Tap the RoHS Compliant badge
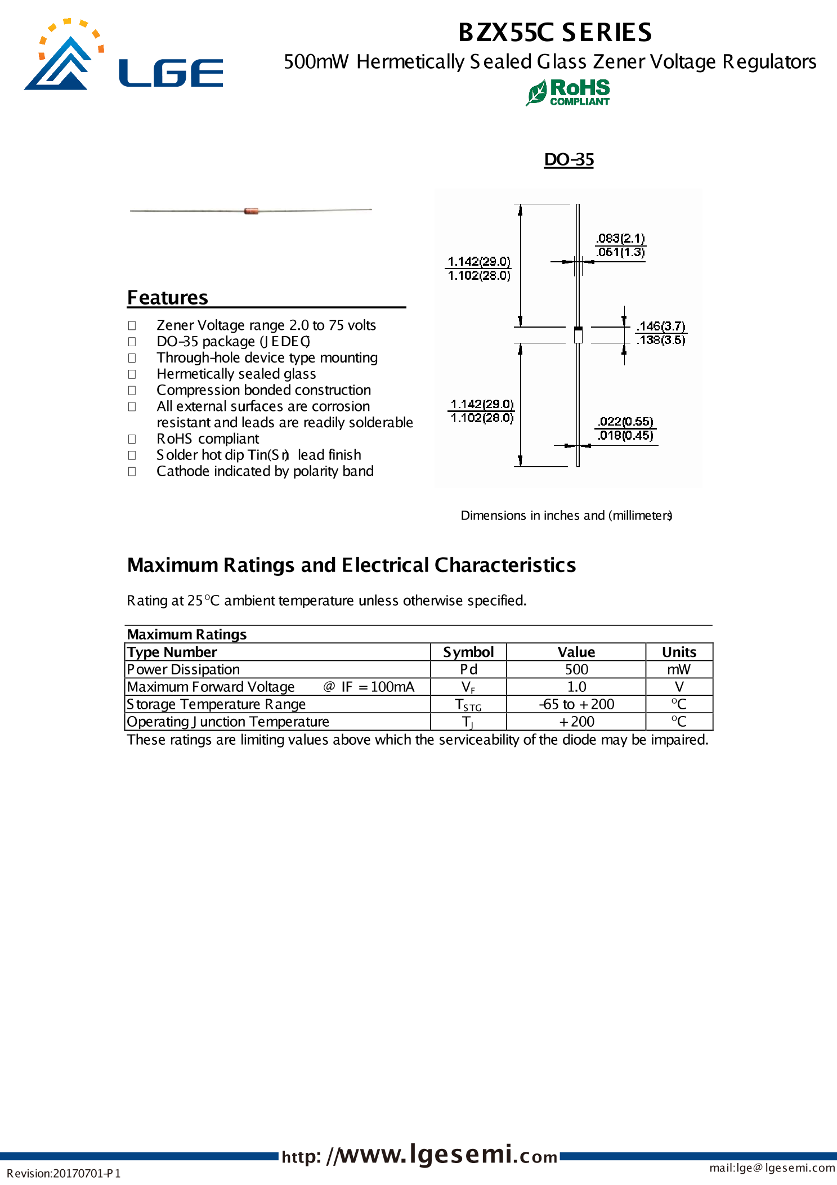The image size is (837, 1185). click(x=569, y=92)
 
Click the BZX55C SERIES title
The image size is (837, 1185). click(x=555, y=32)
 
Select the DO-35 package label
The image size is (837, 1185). click(x=569, y=160)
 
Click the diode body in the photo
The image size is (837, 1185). click(x=251, y=211)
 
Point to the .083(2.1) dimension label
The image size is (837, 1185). click(x=621, y=239)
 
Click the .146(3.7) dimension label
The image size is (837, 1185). click(x=661, y=327)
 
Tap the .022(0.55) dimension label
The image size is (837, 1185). click(x=625, y=422)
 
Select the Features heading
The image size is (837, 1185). click(x=168, y=297)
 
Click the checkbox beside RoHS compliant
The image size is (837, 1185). click(x=132, y=439)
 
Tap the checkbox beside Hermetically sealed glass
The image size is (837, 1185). click(x=132, y=374)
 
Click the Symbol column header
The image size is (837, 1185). click(x=468, y=652)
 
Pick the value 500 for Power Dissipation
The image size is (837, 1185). click(x=576, y=669)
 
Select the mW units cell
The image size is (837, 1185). click(x=679, y=669)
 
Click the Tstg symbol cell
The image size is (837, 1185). click(x=468, y=705)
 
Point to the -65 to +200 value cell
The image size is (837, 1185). click(x=576, y=704)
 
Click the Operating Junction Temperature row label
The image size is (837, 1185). click(x=228, y=722)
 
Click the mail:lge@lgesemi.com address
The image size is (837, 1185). click(x=772, y=1168)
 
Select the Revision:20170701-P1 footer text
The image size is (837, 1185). click(x=64, y=1174)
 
